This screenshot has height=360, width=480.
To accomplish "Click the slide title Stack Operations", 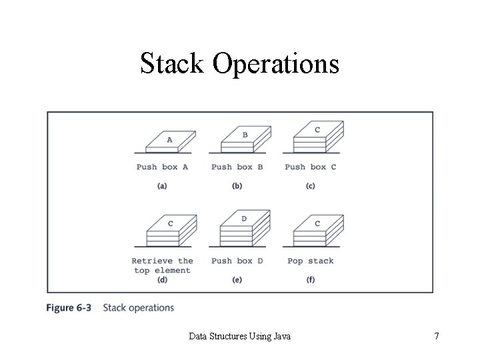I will [239, 64].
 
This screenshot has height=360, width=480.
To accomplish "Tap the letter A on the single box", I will [169, 140].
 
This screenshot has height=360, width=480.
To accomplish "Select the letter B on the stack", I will [245, 135].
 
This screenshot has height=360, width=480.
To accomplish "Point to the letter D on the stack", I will [244, 219].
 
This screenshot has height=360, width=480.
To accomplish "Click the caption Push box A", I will [162, 167].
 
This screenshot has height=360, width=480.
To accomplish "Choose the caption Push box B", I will [237, 167].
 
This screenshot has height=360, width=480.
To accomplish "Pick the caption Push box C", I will [310, 167].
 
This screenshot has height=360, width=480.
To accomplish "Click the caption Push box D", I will [237, 261].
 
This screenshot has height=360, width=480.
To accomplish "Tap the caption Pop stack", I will [310, 261].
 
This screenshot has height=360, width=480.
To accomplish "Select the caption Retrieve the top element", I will [162, 265].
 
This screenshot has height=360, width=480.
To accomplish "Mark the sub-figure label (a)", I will [162, 186].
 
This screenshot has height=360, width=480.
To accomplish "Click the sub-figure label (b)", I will [237, 186].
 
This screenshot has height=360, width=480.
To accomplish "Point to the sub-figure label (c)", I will [310, 186].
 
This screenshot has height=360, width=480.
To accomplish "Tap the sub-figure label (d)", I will [162, 280].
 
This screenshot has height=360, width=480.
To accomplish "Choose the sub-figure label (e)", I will [237, 280].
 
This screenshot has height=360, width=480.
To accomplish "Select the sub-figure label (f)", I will [310, 280].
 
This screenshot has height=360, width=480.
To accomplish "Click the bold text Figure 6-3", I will [69, 308].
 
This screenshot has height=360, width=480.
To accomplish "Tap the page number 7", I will [436, 337].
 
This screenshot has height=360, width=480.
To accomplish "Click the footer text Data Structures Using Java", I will [239, 337].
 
